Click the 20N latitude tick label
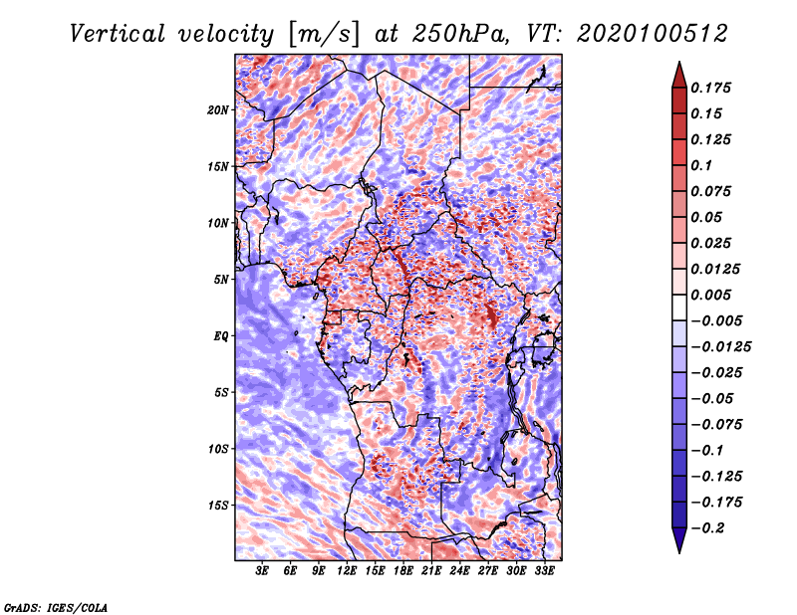[218, 110]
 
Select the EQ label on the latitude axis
[221, 336]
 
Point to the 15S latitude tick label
[218, 506]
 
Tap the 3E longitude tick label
[262, 571]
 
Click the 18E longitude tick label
[403, 571]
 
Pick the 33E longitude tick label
[544, 571]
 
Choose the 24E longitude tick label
[459, 571]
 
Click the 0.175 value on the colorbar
[710, 88]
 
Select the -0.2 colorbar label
[707, 528]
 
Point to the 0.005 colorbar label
[710, 295]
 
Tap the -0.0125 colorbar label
[720, 347]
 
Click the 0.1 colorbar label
[701, 165]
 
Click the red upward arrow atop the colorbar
[679, 76]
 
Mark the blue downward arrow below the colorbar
[679, 539]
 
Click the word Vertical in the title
[118, 34]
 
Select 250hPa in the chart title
[459, 34]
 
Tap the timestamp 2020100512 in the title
[653, 34]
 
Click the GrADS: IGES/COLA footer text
[55, 607]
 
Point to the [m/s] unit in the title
[323, 34]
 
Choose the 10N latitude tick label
[218, 223]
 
